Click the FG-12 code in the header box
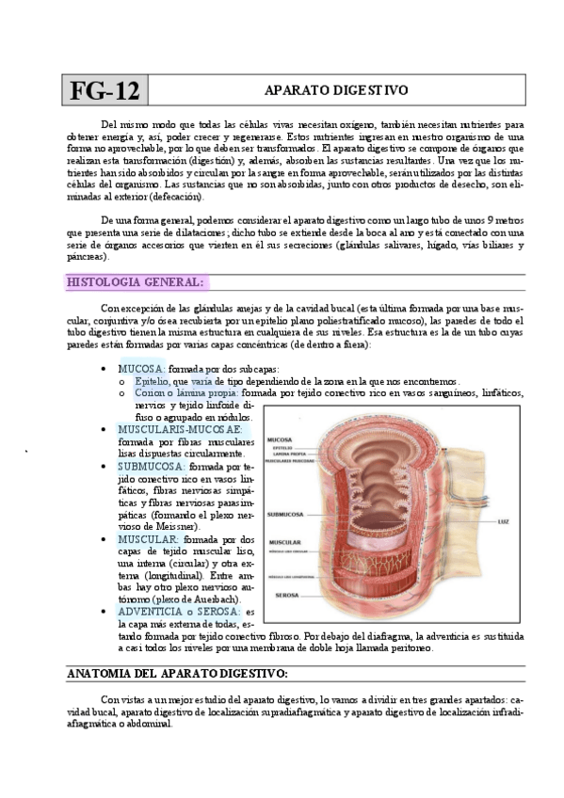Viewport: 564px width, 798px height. pos(104,91)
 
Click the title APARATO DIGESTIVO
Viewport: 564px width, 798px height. pos(335,90)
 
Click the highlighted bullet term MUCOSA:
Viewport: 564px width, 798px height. pos(141,368)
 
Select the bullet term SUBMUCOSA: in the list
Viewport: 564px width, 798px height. pos(152,465)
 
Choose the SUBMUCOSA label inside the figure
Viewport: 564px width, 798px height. pos(285,515)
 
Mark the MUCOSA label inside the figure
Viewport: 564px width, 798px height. pos(280,439)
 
